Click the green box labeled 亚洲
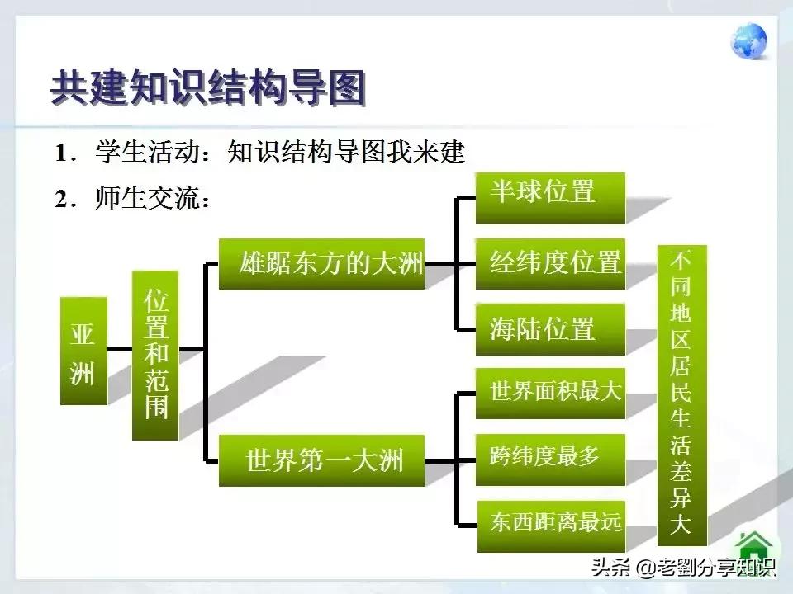tap(83, 350)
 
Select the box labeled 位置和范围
tap(155, 355)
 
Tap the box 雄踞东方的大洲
tap(321, 264)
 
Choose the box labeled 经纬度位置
tap(550, 264)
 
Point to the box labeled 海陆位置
tap(550, 329)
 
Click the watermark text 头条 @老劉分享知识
tap(681, 568)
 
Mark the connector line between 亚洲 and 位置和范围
tap(120, 349)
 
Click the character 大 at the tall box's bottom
tap(681, 525)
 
